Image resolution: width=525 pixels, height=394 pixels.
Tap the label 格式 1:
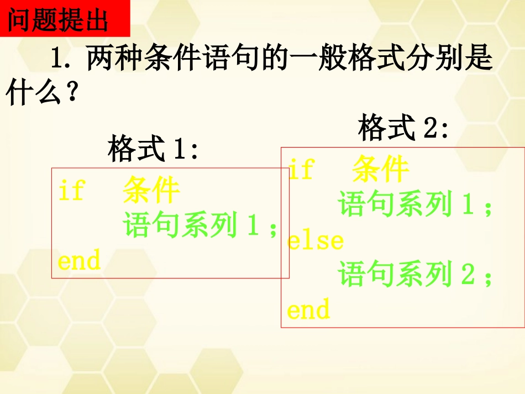[x=153, y=150]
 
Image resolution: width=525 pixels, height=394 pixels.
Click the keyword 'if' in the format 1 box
[x=70, y=191]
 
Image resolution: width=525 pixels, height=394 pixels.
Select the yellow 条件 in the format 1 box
[x=151, y=191]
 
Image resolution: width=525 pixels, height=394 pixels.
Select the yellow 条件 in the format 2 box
[x=380, y=169]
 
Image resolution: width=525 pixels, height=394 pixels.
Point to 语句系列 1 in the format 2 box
[x=406, y=204]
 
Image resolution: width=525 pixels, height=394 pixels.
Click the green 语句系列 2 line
[x=406, y=275]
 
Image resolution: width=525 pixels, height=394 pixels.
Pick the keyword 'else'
[x=315, y=240]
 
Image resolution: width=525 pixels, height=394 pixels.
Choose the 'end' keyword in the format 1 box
[x=79, y=260]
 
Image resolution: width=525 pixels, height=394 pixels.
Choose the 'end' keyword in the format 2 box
[x=308, y=309]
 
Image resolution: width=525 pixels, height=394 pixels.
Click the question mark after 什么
[x=70, y=94]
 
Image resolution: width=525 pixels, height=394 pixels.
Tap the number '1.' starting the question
[x=62, y=59]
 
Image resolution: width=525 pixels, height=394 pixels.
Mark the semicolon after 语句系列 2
[x=487, y=276]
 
